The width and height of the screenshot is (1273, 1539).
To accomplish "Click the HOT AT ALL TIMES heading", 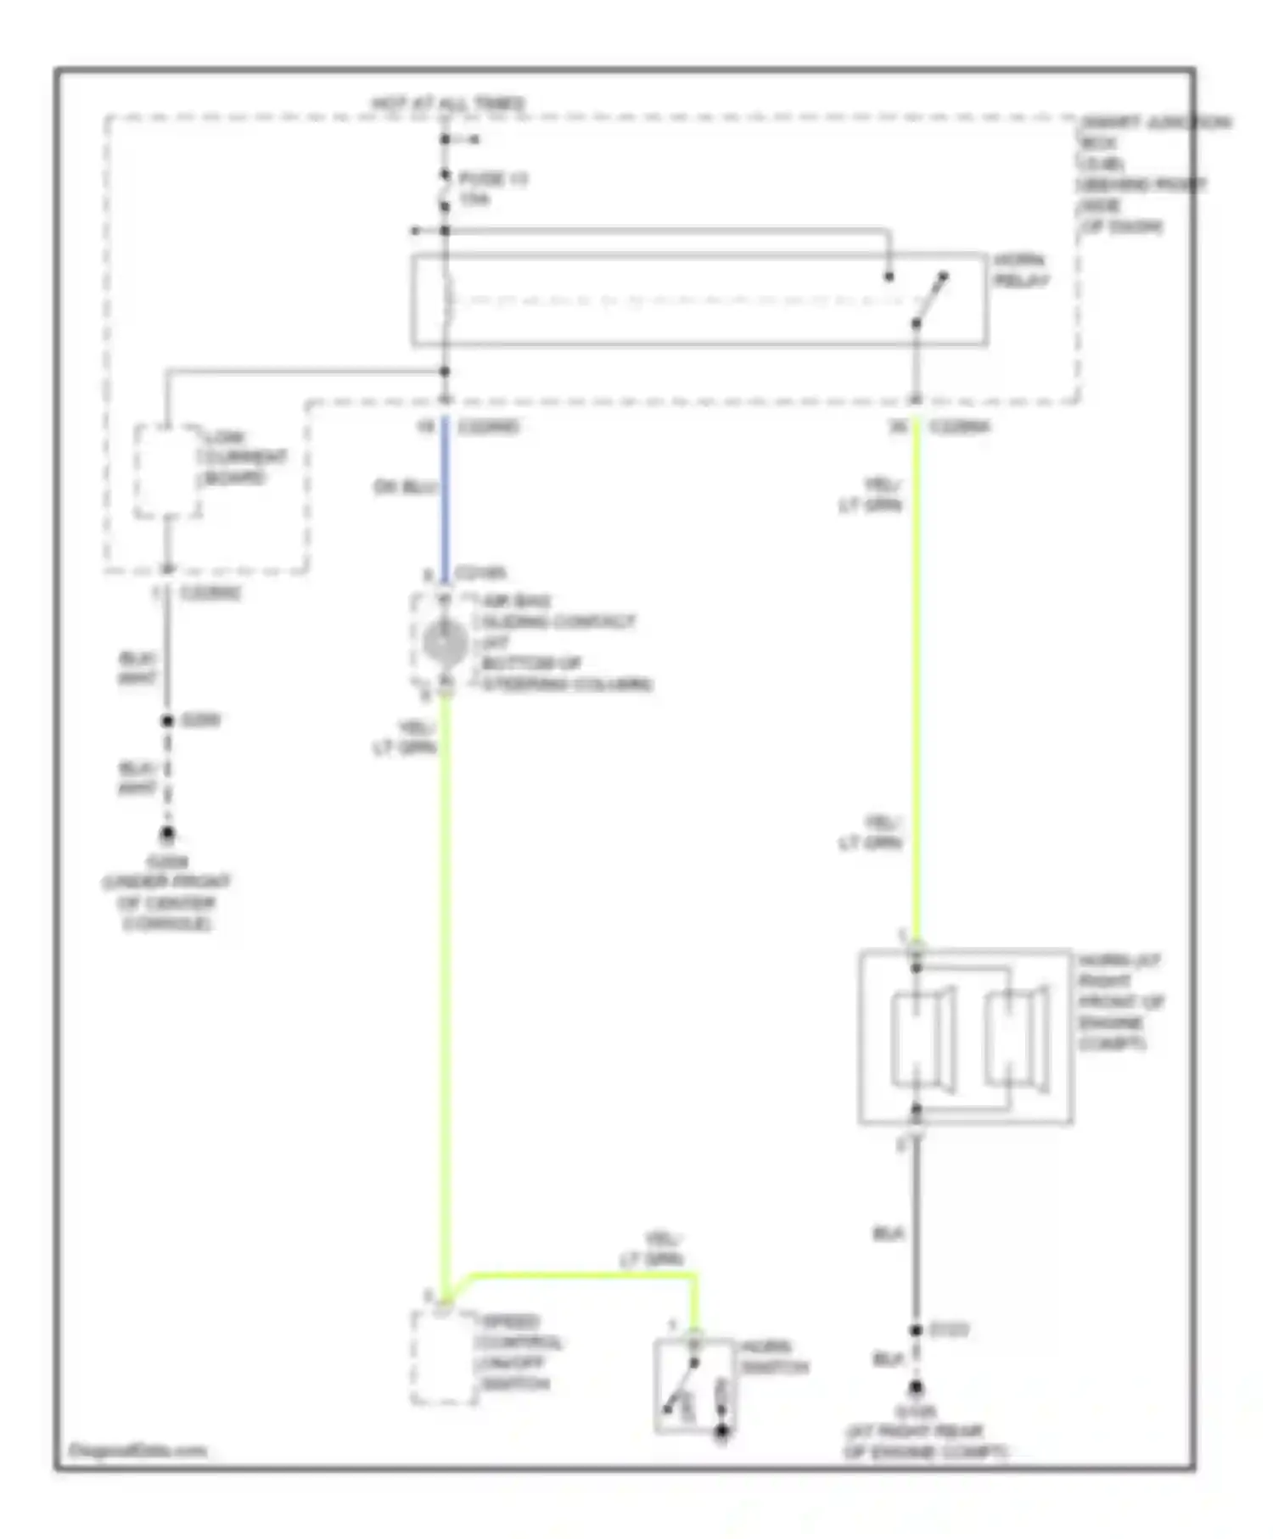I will point(447,104).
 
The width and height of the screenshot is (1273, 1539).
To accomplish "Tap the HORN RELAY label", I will point(1021,270).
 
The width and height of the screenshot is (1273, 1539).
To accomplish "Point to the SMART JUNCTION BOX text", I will point(1154,123).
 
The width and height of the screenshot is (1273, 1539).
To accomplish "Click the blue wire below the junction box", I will point(445,501).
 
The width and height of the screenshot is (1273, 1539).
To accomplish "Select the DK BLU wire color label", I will point(405,487).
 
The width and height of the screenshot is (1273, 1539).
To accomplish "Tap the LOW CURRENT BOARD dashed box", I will point(167,471).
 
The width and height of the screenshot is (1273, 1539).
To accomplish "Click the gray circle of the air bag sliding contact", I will point(445,642).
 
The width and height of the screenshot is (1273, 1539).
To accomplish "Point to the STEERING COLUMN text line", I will point(566,684).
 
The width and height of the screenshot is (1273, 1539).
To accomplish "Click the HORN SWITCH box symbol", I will point(694,1386).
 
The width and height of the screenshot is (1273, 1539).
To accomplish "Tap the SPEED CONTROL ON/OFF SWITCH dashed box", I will point(443,1357).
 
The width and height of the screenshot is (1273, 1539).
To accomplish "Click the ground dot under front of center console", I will point(167,833).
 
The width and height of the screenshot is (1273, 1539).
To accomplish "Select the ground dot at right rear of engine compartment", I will point(917,1389).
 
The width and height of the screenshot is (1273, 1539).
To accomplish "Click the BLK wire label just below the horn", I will point(888,1234).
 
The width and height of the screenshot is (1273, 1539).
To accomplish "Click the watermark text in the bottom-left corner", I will point(137,1450).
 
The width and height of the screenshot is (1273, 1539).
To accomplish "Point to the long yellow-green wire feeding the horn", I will point(917,679).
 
